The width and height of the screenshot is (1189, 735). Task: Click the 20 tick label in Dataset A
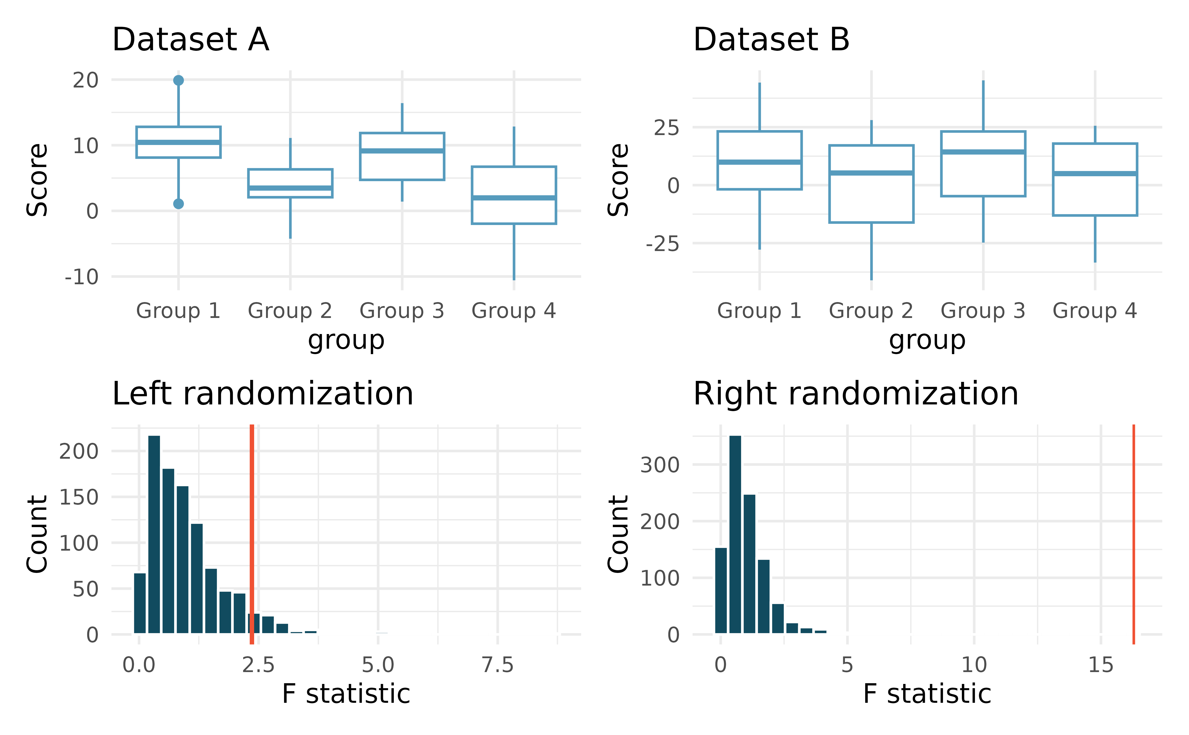[85, 80]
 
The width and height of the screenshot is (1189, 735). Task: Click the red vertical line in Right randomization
[1134, 535]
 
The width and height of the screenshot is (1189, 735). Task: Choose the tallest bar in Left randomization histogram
[154, 535]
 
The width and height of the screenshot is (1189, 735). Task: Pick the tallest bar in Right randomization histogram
[735, 535]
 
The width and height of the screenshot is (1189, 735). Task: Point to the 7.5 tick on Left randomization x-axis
[498, 665]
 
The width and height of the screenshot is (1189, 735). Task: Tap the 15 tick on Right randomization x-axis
[1101, 665]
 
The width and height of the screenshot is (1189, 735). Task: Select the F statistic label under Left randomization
[346, 694]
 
